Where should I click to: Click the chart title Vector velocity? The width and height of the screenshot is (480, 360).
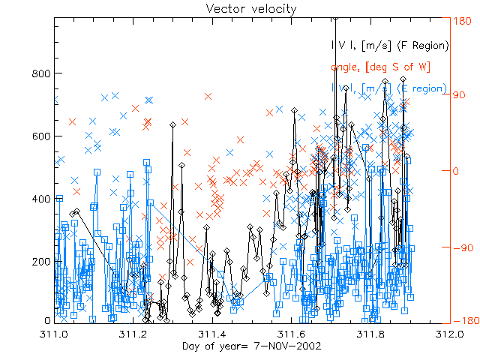(240, 8)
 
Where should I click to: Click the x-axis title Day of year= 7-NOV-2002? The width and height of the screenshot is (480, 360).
(251, 346)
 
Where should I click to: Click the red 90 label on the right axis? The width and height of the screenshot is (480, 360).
(458, 95)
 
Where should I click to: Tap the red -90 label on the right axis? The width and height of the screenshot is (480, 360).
(460, 246)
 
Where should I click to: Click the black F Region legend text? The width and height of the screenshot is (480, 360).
(389, 46)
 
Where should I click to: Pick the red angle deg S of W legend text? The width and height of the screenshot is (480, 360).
(379, 67)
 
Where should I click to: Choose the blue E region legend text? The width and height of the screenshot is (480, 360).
(389, 88)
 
